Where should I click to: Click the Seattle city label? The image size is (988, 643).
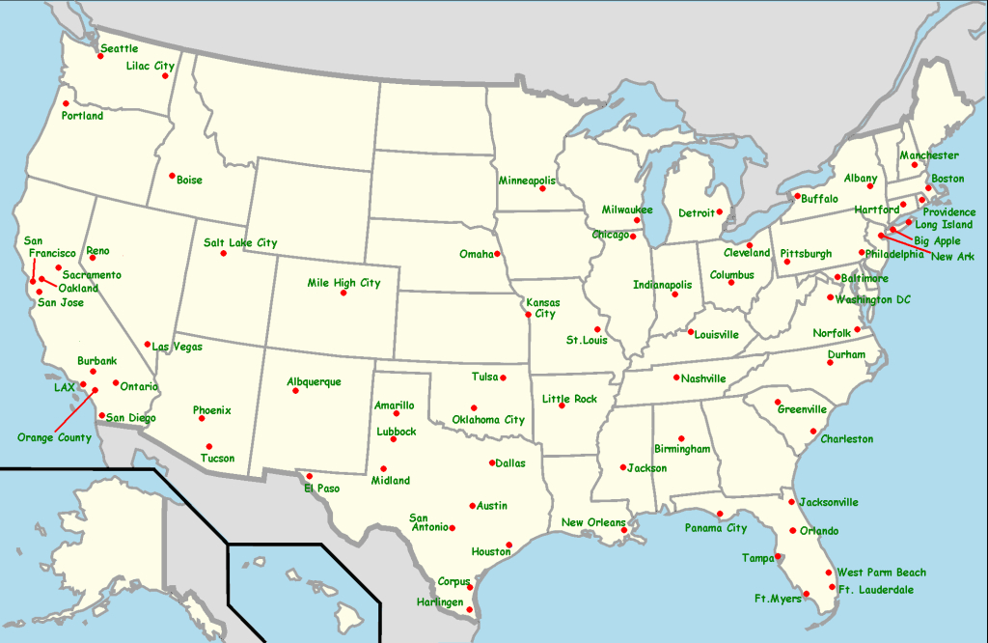pyautogui.click(x=120, y=48)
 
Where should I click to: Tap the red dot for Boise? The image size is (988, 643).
pyautogui.click(x=172, y=176)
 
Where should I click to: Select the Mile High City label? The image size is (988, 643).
pyautogui.click(x=343, y=283)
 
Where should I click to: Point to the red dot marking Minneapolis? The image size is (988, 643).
pyautogui.click(x=543, y=188)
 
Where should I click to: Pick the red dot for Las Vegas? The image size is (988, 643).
pyautogui.click(x=148, y=344)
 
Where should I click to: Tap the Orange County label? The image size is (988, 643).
pyautogui.click(x=54, y=437)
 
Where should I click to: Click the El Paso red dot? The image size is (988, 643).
pyautogui.click(x=310, y=476)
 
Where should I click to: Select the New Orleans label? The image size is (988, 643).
pyautogui.click(x=593, y=522)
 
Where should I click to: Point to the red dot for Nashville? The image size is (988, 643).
pyautogui.click(x=676, y=377)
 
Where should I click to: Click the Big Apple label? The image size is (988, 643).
pyautogui.click(x=937, y=240)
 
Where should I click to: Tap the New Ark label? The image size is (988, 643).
pyautogui.click(x=952, y=256)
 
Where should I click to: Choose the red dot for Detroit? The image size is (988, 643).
pyautogui.click(x=720, y=211)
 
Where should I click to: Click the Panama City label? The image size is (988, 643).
pyautogui.click(x=716, y=528)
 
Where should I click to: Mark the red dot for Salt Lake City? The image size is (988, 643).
pyautogui.click(x=223, y=253)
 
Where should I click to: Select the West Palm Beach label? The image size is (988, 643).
pyautogui.click(x=881, y=573)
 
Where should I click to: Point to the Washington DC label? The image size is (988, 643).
pyautogui.click(x=873, y=299)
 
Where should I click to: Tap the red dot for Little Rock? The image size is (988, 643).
pyautogui.click(x=562, y=405)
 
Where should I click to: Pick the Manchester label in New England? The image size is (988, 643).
pyautogui.click(x=929, y=155)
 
